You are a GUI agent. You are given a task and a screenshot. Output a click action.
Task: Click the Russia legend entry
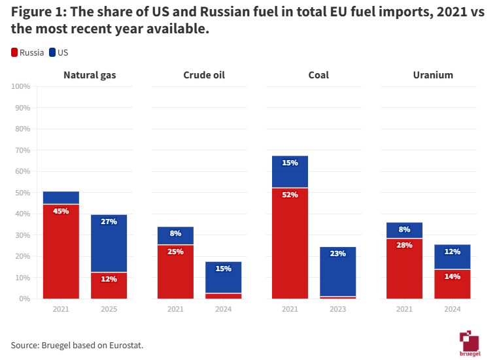tap(27, 52)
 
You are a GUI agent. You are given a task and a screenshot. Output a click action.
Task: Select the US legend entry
tap(58, 52)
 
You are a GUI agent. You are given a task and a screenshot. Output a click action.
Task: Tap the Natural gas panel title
tap(90, 75)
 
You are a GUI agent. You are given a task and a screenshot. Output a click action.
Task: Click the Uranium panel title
tap(433, 75)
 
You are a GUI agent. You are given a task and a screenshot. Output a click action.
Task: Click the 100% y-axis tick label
tap(20, 86)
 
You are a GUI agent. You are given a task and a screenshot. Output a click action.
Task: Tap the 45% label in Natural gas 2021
tap(61, 211)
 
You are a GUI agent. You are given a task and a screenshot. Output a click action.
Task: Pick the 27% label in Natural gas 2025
tap(109, 221)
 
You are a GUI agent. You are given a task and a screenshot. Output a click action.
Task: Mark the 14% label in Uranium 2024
tap(453, 276)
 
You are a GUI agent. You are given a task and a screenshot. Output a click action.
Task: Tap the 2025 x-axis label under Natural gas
tap(109, 309)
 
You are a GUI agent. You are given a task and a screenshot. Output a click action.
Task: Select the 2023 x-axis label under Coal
tap(338, 309)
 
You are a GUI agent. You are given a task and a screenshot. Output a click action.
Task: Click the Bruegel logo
tap(470, 343)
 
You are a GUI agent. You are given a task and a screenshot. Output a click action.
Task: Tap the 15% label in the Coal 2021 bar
tap(290, 163)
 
